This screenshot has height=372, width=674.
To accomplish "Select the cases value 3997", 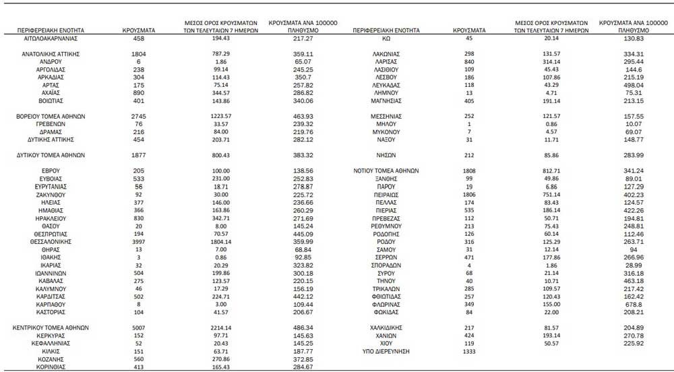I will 139,241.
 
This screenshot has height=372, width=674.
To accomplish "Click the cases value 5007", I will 139,328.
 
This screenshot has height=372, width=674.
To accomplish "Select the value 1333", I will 469,351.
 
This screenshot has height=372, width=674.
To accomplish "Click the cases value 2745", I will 139,117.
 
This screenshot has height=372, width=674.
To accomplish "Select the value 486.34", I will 303,328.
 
